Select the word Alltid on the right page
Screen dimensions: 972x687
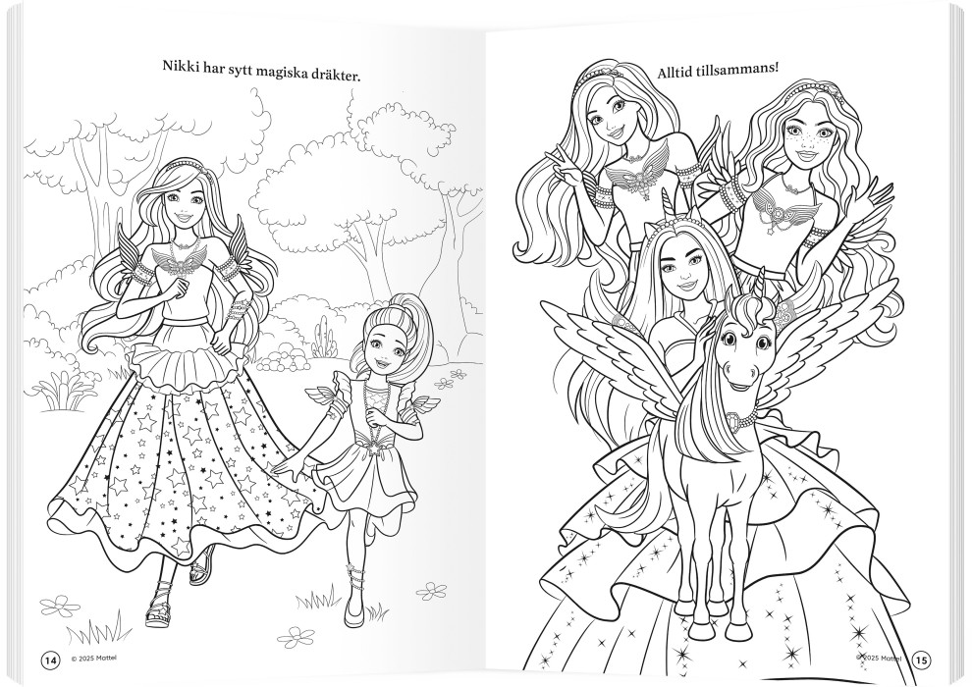[x=675, y=70]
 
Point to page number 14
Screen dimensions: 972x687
[x=50, y=661]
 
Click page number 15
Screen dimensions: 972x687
[x=922, y=661]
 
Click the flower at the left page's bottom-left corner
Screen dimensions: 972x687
[x=60, y=605]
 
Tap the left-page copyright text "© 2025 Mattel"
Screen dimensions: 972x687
[x=93, y=661]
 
